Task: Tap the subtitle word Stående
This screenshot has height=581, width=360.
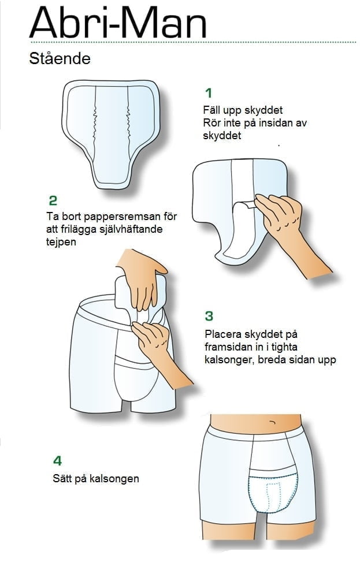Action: [60, 58]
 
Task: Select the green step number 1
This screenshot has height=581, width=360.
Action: [209, 92]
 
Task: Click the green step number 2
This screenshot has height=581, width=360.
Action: [53, 200]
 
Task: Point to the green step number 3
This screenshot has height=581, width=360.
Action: [209, 316]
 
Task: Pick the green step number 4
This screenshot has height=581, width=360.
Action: [57, 460]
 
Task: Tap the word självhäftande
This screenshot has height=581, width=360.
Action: [131, 229]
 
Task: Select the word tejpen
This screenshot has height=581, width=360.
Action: [61, 243]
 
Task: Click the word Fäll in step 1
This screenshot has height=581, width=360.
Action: [211, 110]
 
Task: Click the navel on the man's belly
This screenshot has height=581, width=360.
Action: [273, 422]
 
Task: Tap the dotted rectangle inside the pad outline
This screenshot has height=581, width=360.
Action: [273, 497]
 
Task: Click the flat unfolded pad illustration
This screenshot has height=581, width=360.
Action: [111, 133]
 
